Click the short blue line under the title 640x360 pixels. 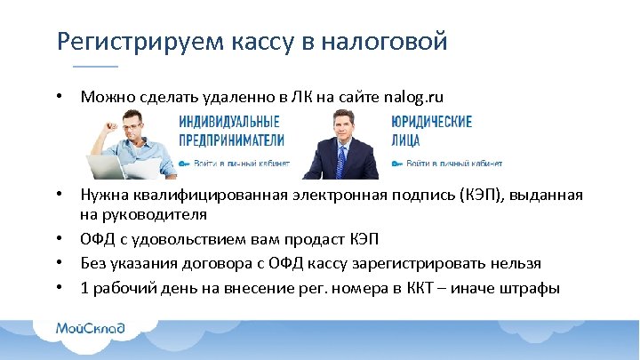[x=94, y=67]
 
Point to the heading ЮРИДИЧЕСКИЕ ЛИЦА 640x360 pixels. [x=431, y=131]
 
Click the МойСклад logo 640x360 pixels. [x=91, y=328]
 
